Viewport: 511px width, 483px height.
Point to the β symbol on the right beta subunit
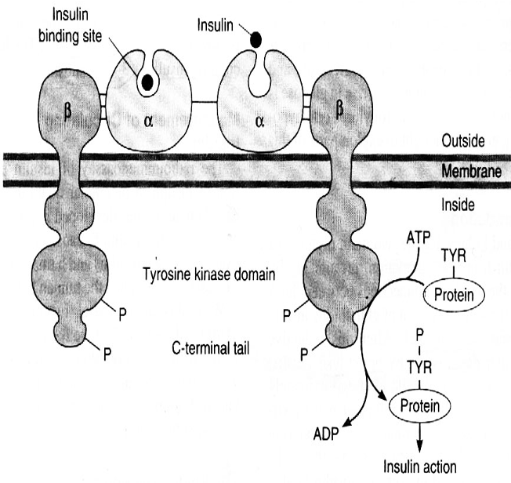[x=340, y=109]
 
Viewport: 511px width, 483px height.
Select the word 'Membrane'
[x=469, y=170]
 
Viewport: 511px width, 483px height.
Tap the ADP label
[x=326, y=433]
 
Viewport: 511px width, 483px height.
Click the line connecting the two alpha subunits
[x=206, y=102]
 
